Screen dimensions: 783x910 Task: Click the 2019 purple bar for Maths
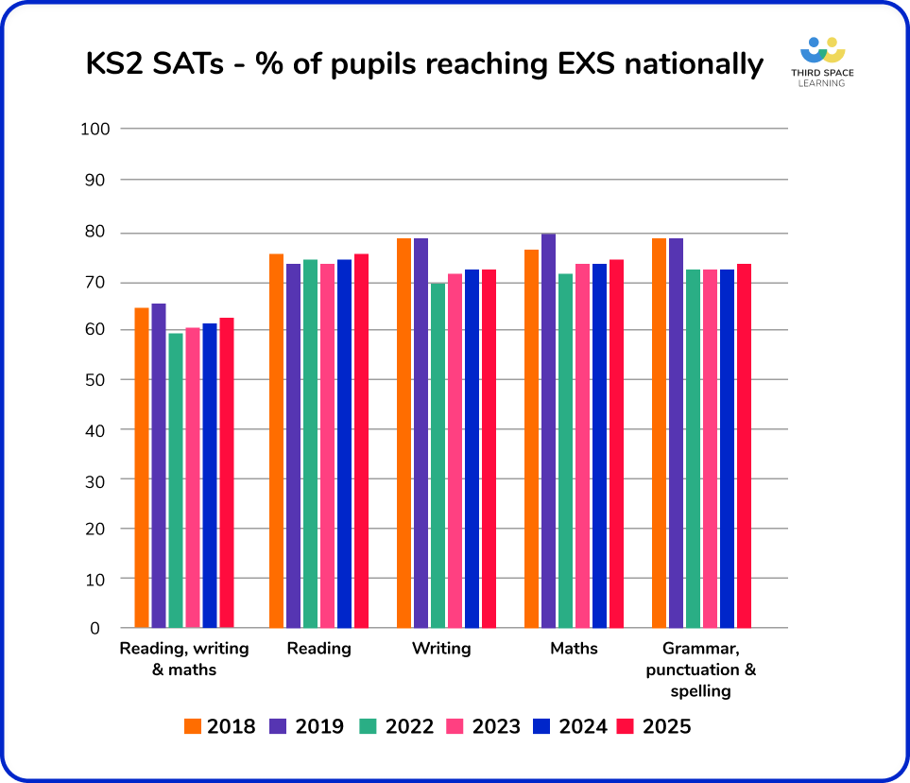click(x=548, y=430)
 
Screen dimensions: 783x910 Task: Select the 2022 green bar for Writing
click(x=438, y=455)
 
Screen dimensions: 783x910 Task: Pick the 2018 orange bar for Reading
click(x=276, y=441)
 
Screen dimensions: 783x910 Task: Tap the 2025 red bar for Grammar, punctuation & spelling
click(x=744, y=445)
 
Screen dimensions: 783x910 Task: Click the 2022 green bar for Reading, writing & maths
click(x=176, y=480)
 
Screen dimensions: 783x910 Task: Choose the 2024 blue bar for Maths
click(x=599, y=445)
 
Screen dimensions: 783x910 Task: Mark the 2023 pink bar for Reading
click(x=327, y=445)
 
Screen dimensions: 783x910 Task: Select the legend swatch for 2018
click(x=193, y=726)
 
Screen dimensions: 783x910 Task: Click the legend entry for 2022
click(x=396, y=726)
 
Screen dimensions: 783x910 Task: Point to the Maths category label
click(x=574, y=649)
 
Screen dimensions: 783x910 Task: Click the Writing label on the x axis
click(x=441, y=649)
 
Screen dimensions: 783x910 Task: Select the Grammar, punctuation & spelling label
click(x=701, y=670)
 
